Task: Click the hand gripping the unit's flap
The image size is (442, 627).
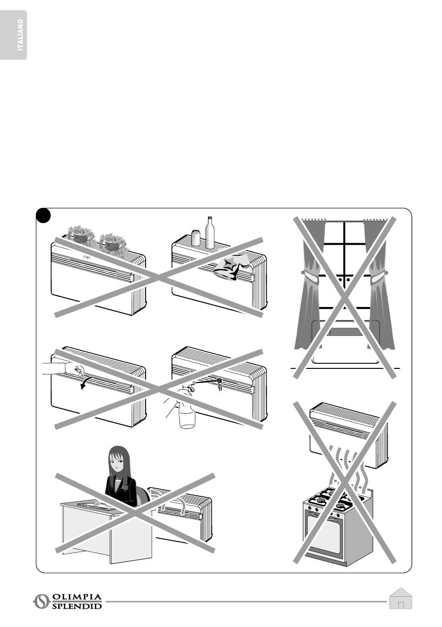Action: click(x=74, y=370)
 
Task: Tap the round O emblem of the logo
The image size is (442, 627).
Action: click(x=41, y=601)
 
